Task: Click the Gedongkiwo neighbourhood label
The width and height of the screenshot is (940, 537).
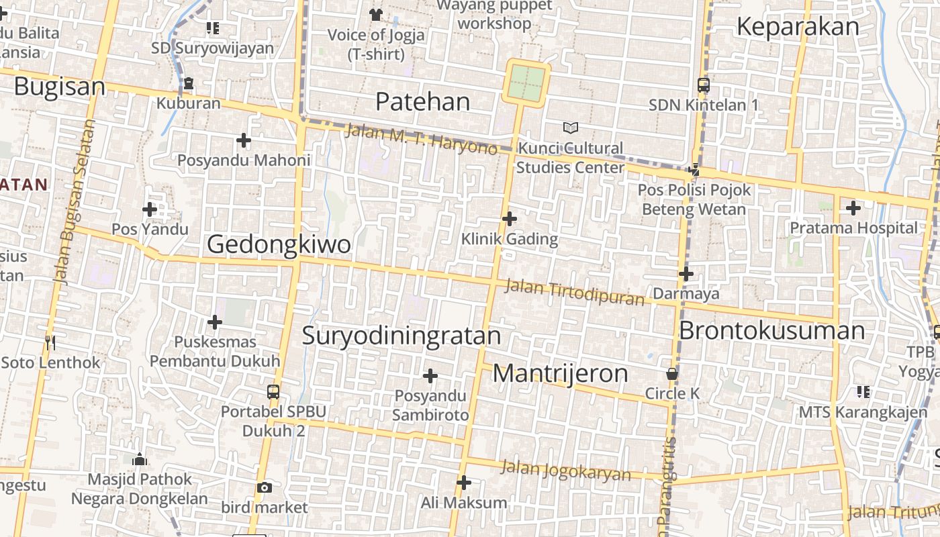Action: pos(279,244)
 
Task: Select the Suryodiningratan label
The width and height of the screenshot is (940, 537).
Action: pos(402,336)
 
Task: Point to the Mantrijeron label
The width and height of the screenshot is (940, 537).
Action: pos(560,374)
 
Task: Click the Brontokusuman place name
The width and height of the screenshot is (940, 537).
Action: pos(772,330)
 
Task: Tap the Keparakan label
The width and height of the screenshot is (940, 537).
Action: pos(798,27)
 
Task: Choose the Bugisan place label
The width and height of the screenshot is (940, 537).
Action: pos(60,87)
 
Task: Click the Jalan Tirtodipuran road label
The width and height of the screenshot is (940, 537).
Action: pos(574,292)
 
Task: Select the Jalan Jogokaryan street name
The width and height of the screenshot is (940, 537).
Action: pos(566,471)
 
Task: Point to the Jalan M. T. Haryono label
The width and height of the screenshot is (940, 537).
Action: pos(421,139)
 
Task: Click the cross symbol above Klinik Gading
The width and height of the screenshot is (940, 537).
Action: pos(510,218)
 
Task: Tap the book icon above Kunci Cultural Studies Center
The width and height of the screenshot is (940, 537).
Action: pos(571,128)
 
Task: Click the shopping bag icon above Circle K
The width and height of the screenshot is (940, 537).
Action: pos(672,374)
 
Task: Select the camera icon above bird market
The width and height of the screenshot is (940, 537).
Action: pos(265,487)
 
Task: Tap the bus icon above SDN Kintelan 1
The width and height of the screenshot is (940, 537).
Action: pos(704,85)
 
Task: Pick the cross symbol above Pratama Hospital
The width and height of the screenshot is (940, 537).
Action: pos(853,208)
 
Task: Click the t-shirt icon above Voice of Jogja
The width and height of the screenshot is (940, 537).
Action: pos(375,14)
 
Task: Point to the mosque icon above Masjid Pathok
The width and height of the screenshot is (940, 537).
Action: pos(140,459)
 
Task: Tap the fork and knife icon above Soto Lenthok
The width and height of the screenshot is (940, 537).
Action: pos(50,342)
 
